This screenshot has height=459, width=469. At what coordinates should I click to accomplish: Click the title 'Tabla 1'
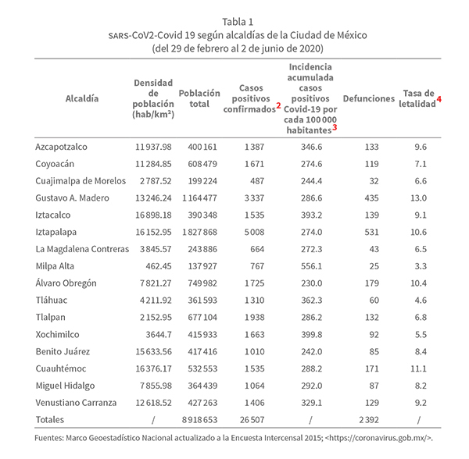[234, 21]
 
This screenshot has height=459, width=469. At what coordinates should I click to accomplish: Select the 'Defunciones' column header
[369, 99]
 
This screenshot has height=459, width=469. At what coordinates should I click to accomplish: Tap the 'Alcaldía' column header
[82, 99]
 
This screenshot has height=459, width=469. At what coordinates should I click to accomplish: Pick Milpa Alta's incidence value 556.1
[312, 265]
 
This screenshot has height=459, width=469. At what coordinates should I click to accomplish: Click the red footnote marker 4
[439, 99]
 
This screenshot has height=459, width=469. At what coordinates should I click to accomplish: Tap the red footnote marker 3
[335, 127]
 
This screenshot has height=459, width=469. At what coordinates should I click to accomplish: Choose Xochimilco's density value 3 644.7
[153, 333]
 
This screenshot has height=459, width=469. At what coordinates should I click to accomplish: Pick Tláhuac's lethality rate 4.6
[421, 300]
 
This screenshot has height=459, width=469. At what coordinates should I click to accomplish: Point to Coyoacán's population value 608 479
[197, 164]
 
